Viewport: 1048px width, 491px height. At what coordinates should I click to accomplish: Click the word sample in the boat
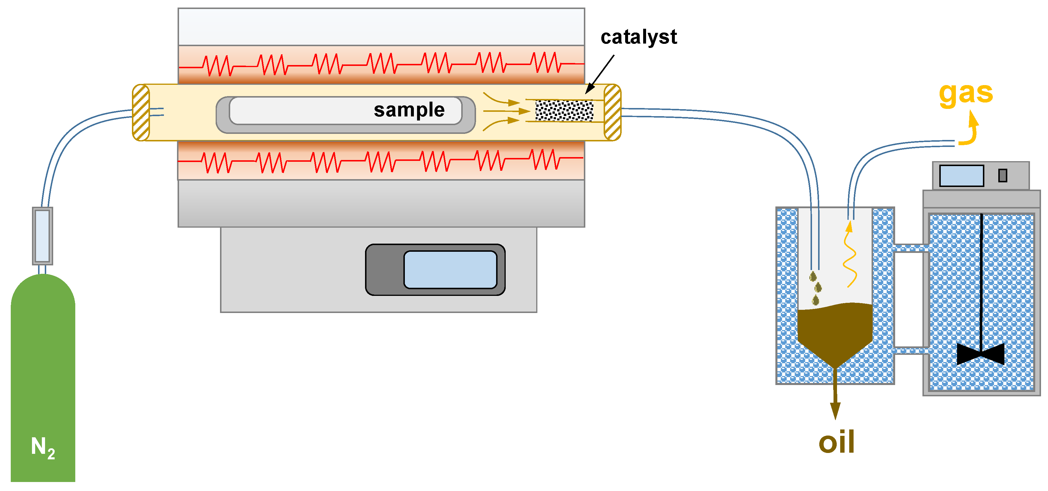409,110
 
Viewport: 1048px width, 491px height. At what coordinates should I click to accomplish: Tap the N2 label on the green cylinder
43,447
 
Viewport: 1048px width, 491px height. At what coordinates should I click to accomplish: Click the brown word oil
836,442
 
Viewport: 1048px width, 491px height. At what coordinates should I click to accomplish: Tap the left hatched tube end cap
141,113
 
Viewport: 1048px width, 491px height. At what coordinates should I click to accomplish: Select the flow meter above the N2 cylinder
42,236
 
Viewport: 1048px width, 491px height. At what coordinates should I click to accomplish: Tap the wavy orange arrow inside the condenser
850,256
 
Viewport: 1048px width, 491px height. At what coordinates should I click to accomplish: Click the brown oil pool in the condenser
835,329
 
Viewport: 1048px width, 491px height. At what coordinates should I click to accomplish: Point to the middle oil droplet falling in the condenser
818,288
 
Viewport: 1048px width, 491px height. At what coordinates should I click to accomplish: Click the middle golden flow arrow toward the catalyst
507,111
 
